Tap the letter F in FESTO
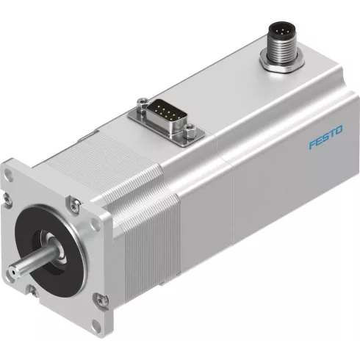click(291, 143)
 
